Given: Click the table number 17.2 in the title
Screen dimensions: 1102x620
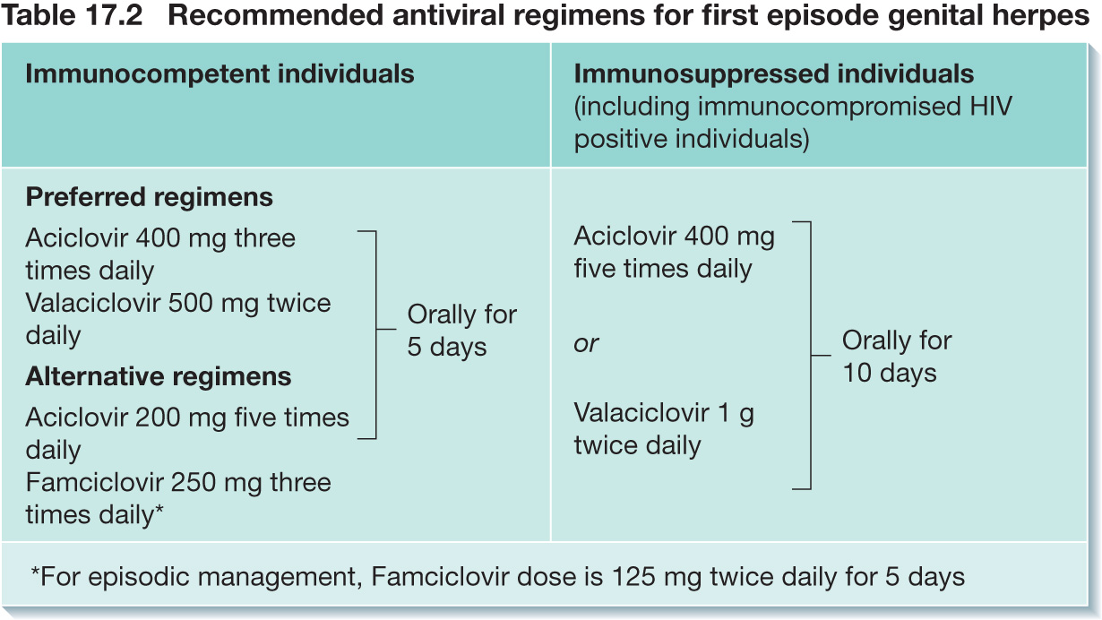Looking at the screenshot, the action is click(113, 15).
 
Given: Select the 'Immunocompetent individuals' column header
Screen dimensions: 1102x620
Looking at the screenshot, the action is click(220, 74).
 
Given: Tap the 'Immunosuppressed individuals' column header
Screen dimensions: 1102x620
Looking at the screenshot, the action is click(773, 74).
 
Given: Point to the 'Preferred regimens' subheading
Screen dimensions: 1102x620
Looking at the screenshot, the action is click(149, 198).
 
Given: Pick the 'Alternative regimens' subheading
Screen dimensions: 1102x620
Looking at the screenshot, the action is click(159, 377).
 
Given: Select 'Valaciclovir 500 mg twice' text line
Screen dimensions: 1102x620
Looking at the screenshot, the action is click(178, 303).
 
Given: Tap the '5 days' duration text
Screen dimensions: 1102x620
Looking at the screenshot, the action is click(447, 347).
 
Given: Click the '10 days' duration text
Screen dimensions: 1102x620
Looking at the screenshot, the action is click(890, 373).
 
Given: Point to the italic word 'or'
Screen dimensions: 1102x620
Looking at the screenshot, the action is click(586, 344).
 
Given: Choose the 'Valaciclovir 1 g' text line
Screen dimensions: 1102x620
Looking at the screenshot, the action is click(664, 413).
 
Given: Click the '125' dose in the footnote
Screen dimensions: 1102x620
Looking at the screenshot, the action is click(634, 577).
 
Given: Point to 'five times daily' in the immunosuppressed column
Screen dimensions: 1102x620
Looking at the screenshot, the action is click(663, 269).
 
